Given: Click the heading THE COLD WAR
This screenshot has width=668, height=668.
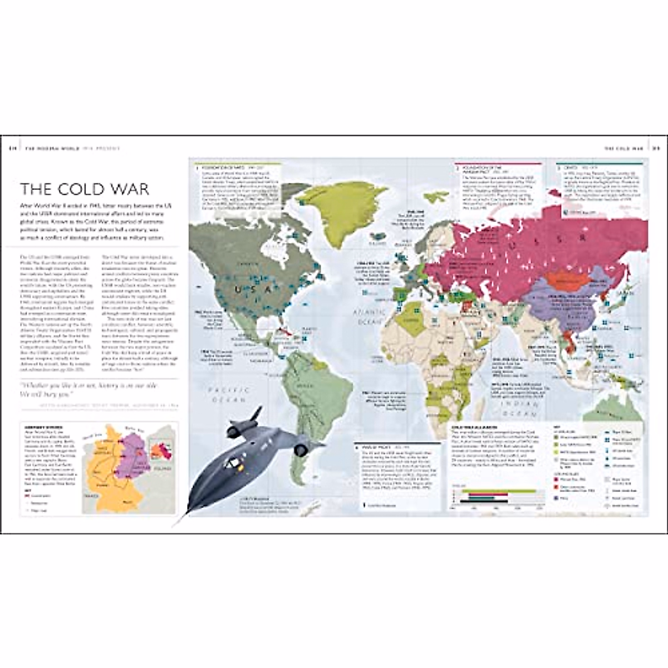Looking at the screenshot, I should tap(85, 189).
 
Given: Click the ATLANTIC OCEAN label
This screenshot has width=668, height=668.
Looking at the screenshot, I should tap(368, 317).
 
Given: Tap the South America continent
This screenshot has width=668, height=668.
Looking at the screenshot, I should tap(312, 390).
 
